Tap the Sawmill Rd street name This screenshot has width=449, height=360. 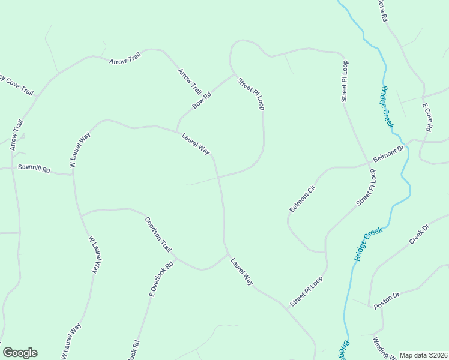coord(34,169)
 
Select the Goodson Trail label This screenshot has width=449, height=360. coord(158,235)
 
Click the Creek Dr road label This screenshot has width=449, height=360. coord(420,234)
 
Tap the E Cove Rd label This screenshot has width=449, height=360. coord(427,118)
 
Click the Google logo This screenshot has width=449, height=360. coord(20,353)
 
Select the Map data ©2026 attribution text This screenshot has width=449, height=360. coord(423,355)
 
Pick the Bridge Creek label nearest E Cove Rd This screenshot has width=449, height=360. coord(387,107)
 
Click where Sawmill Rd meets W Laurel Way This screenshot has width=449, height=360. coord(73,175)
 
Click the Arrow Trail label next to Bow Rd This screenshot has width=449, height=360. coord(190,82)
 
